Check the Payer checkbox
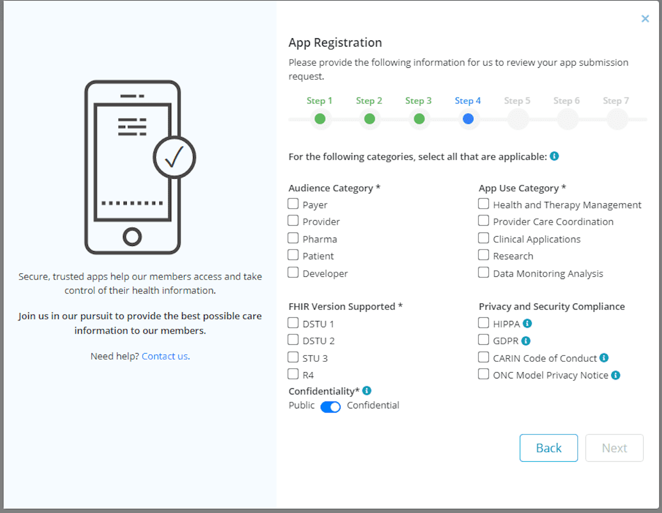click(293, 204)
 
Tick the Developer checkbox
click(293, 273)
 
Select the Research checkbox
click(484, 255)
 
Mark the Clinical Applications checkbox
click(484, 238)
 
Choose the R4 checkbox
click(293, 374)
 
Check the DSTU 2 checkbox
click(293, 340)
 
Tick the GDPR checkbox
click(484, 340)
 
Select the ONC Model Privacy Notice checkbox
click(484, 374)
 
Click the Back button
click(548, 448)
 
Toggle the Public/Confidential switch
click(330, 407)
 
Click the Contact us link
click(165, 356)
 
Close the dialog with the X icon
click(645, 19)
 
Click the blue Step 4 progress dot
click(468, 119)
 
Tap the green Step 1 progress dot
click(320, 119)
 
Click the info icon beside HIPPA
click(528, 324)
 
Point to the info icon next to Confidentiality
click(367, 391)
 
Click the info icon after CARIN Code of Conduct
click(604, 358)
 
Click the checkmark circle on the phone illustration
click(174, 157)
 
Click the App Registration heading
click(335, 42)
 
